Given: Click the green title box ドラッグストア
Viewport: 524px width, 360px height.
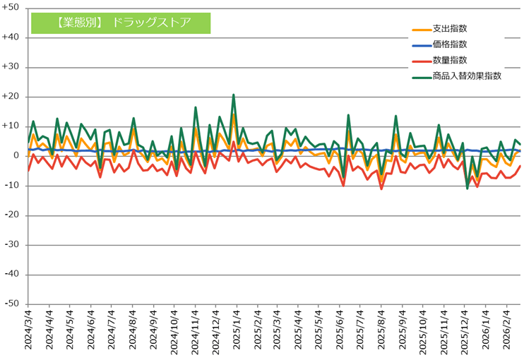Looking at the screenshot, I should coord(121,22).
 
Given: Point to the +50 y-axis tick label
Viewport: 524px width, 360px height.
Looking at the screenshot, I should coord(11,8).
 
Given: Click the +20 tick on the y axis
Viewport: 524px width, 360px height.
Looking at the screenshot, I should coord(11,97).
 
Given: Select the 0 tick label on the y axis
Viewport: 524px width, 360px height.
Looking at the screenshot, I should coord(16,156).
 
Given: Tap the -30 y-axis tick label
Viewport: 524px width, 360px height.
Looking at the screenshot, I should coord(12,245).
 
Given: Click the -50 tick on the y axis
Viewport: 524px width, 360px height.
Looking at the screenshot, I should coord(12,304).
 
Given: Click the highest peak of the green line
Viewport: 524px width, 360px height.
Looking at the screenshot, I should coord(233,95).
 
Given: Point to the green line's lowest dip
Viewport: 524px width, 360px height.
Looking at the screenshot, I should coord(468,188).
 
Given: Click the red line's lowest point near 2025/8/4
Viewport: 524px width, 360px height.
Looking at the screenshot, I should coord(381,188).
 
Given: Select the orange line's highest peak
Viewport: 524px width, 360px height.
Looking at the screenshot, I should coord(233,115).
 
